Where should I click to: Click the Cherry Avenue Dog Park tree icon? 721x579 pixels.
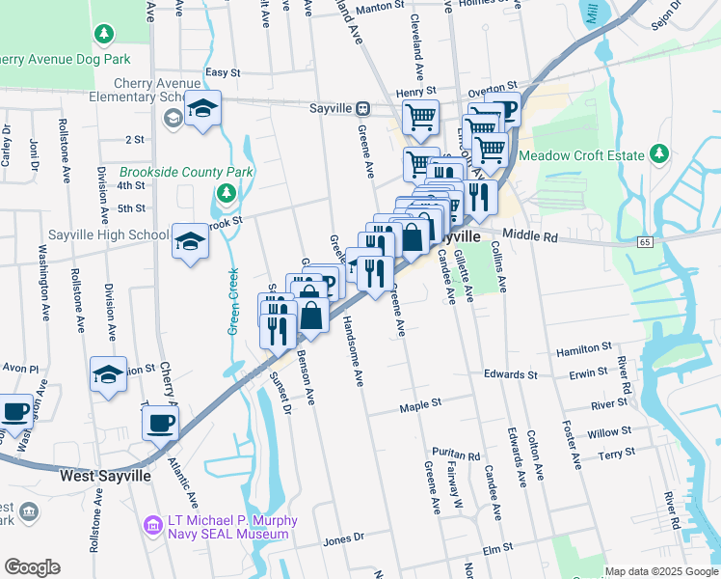pyautogui.click(x=104, y=35)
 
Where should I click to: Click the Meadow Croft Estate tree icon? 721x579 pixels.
pyautogui.click(x=659, y=153)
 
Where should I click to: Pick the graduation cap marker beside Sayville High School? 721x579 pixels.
pyautogui.click(x=191, y=241)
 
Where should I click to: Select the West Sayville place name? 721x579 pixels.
pyautogui.click(x=105, y=476)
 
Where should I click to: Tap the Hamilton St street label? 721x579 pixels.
pyautogui.click(x=586, y=346)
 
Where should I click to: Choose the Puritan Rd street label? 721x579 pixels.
pyautogui.click(x=456, y=455)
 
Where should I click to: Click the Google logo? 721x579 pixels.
pyautogui.click(x=32, y=567)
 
